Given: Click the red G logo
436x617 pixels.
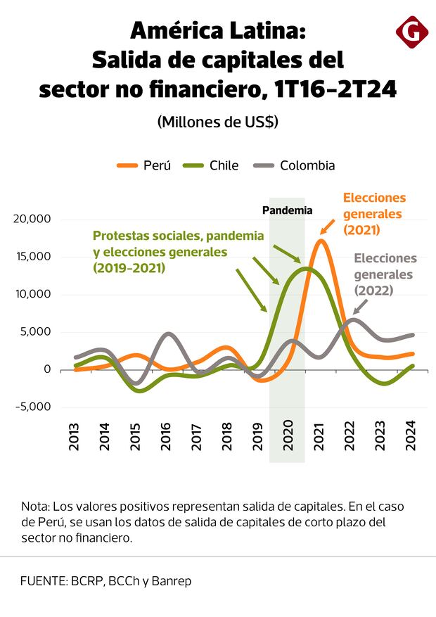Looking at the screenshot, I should (x=412, y=32).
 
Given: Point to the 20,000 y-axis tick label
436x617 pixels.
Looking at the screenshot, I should (x=32, y=219).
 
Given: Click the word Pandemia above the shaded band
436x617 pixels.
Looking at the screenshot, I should (x=287, y=210).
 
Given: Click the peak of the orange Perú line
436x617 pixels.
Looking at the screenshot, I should (x=321, y=241).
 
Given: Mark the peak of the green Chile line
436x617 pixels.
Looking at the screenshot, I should (x=306, y=268).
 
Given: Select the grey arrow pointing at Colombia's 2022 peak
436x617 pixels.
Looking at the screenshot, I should (x=360, y=305).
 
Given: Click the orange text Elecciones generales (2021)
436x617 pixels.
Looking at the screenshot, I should (x=373, y=214).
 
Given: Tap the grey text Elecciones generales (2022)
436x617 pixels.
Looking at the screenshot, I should (x=385, y=274).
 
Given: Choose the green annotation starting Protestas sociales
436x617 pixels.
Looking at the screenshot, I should (x=178, y=251).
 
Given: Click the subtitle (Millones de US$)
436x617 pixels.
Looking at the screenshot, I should (x=217, y=122).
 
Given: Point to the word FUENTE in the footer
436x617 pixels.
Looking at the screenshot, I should (x=43, y=581).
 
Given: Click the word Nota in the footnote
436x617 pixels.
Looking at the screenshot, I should (x=34, y=507).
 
